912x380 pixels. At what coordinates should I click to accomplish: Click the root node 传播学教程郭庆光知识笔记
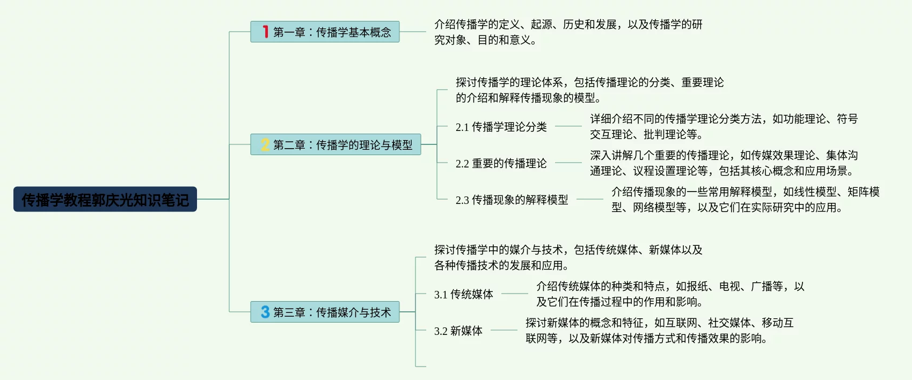point(105,199)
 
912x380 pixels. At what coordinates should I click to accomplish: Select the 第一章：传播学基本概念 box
point(325,32)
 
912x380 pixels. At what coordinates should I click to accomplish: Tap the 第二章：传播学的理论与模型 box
point(335,144)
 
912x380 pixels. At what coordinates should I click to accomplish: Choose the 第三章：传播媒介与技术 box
point(325,312)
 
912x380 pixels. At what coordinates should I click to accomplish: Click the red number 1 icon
point(265,32)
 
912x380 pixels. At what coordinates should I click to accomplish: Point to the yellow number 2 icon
point(265,144)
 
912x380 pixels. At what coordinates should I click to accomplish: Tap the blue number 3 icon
point(265,312)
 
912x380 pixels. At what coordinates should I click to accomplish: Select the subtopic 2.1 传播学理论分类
point(501,127)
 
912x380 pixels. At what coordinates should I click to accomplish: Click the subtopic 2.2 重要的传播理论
point(501,163)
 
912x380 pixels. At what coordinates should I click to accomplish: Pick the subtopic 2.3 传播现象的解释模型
point(512,200)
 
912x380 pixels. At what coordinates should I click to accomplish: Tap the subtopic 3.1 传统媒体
point(463,294)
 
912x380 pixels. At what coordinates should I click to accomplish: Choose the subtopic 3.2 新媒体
point(458,331)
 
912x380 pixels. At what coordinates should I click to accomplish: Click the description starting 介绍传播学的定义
point(568,32)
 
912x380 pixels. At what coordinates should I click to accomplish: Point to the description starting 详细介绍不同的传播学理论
point(724,126)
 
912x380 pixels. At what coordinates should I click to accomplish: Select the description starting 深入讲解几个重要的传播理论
point(724,163)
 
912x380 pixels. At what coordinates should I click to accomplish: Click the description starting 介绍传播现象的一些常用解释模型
point(745,199)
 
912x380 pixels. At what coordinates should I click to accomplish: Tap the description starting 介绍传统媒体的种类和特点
point(670,294)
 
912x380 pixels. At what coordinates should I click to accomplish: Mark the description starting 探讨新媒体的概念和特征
point(659,330)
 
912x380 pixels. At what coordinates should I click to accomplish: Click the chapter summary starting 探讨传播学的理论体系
point(589,90)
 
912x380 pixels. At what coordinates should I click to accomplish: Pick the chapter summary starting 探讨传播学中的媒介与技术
point(568,257)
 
